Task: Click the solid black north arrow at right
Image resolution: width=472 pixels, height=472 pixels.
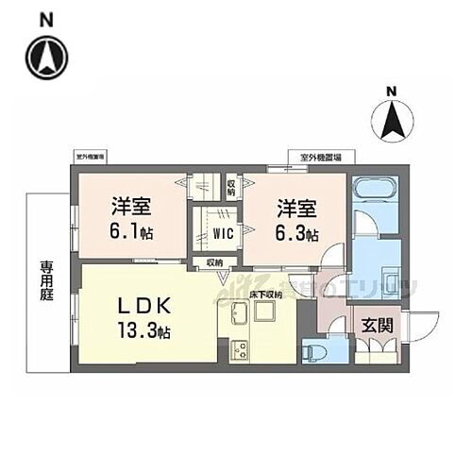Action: coord(396,119)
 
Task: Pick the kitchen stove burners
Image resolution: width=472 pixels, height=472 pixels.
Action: coord(237,352)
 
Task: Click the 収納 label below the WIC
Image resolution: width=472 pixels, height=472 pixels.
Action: coord(215,262)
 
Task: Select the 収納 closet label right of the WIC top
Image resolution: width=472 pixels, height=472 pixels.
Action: coord(230,185)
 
